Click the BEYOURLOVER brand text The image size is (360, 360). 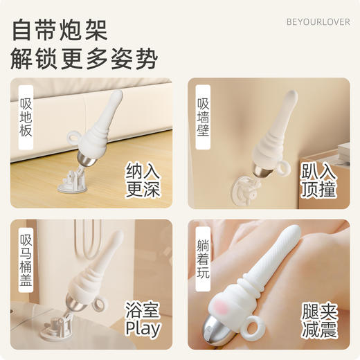pos(318,22)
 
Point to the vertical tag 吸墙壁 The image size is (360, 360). pos(202,112)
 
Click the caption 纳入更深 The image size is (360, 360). pos(143,180)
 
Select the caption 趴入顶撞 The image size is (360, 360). pos(319,180)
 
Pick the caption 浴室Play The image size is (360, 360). pos(143,320)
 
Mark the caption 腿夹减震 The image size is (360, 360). pos(319,320)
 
